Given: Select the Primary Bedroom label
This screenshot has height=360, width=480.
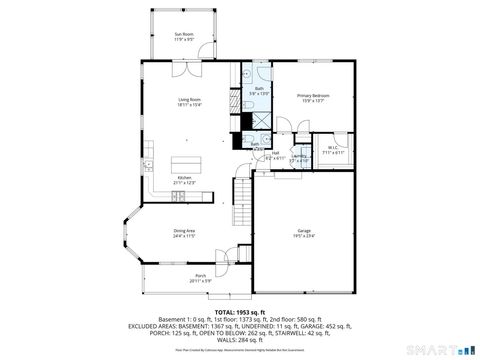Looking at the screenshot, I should coord(312,95).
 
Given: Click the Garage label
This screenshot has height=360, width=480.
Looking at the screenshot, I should coord(303,231).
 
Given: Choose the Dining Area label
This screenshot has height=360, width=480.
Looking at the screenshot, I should coord(184,231).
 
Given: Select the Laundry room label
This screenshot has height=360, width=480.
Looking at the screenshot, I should coord(298,156).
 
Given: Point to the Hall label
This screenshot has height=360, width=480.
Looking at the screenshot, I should coord(274,153).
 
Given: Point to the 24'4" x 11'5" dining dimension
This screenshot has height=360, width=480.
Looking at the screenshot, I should coord(184,236).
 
